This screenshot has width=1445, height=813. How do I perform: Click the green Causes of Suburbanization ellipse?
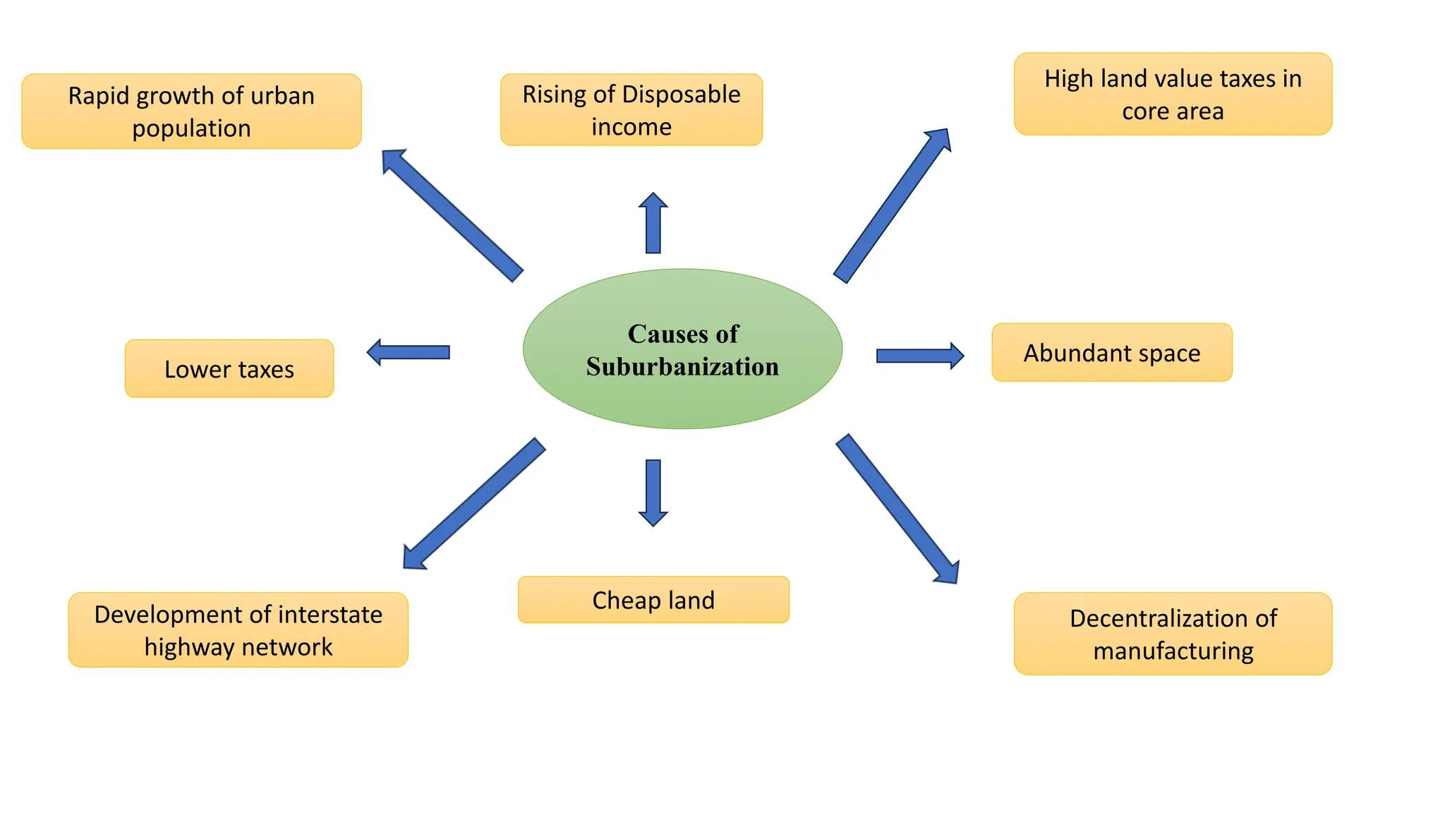[x=682, y=395]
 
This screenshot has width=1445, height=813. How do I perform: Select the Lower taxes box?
[x=229, y=368]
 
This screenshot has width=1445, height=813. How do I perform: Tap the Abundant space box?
[x=1111, y=352]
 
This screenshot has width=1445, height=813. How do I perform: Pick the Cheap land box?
[x=653, y=600]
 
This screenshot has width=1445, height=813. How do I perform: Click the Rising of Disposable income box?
[x=631, y=110]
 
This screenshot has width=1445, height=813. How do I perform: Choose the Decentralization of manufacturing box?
[x=1173, y=634]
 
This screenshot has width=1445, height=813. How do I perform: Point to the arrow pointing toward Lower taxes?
[x=409, y=352]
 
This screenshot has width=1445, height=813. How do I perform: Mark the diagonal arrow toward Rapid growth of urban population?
[x=452, y=215]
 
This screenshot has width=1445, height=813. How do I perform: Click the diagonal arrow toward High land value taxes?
[x=893, y=205]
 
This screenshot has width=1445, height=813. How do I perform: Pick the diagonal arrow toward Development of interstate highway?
[x=473, y=503]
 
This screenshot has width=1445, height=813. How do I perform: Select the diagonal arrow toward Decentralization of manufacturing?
[x=897, y=508]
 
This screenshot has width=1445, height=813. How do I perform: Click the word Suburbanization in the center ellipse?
[x=682, y=367]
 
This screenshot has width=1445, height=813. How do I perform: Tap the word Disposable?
[x=682, y=95]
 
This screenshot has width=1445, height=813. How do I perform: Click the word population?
[x=191, y=128]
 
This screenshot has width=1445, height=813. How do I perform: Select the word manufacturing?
[x=1173, y=651]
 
